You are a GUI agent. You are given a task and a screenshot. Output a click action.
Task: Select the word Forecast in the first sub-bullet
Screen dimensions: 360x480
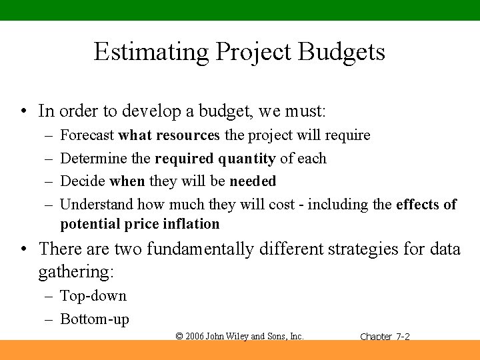pos(87,135)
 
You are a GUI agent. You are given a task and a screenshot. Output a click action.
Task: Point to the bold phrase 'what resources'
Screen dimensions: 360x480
pos(169,135)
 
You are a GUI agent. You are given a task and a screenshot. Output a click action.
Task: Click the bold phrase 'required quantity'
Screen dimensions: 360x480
pos(215,159)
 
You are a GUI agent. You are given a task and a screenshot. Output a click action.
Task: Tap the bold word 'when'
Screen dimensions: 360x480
pos(127,181)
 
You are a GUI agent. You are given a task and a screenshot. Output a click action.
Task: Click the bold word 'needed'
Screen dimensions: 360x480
pos(253,181)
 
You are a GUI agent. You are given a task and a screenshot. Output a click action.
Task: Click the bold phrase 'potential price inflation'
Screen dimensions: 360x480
pos(139,224)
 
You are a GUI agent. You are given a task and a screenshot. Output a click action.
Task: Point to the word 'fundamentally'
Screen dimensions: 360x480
pos(200,249)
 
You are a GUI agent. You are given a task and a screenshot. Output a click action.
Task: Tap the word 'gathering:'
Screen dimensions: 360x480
pos(76,272)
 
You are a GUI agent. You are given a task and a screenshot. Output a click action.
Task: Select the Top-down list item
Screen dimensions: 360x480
pos(93,296)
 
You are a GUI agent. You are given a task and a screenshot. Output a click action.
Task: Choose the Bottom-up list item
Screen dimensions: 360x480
pos(95,319)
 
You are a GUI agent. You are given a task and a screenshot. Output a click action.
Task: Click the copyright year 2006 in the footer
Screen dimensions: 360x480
pos(195,337)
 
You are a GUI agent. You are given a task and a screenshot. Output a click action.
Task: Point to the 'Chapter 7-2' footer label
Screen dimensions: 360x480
pos(385,337)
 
